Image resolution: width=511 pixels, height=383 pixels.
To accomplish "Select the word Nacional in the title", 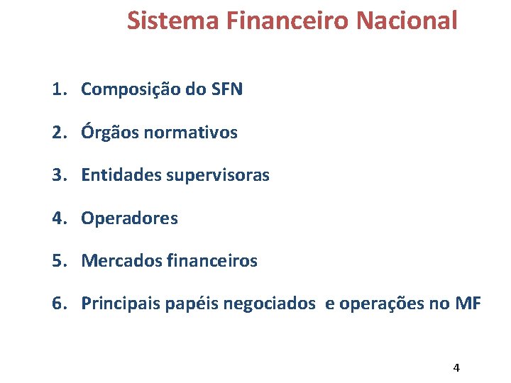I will click(407, 21).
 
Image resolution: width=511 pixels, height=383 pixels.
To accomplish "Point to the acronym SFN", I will click(226, 89).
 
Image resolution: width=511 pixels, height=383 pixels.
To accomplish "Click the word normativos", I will click(192, 133).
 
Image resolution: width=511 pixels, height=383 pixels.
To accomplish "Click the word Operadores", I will click(130, 218).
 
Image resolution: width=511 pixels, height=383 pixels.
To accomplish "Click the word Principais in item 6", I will click(121, 304).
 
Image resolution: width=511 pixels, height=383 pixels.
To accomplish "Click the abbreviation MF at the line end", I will click(468, 304).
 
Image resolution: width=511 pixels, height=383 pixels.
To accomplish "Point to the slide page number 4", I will click(456, 367).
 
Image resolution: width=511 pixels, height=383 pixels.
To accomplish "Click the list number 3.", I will click(58, 175).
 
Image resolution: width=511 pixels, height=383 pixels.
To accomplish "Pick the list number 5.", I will click(58, 261).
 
